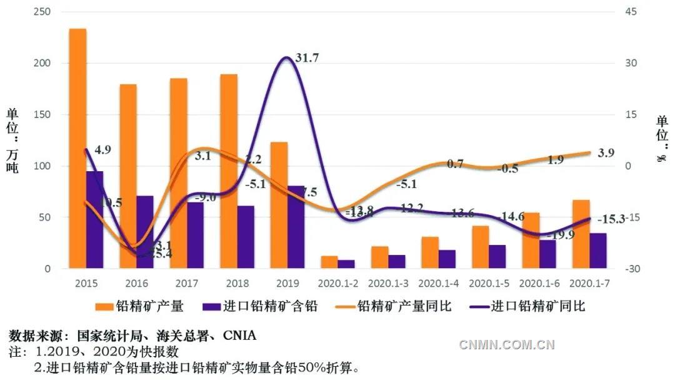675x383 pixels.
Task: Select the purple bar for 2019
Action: click(x=296, y=227)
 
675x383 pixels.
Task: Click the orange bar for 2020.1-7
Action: click(x=581, y=234)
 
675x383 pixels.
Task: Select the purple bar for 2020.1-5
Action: click(x=497, y=257)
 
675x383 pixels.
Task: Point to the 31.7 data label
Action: click(x=307, y=58)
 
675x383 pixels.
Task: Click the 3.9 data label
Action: click(x=607, y=153)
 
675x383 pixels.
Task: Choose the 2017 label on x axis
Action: click(x=187, y=283)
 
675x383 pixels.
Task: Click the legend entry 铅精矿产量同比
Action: click(x=404, y=306)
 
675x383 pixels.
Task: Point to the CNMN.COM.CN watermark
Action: click(x=507, y=344)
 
